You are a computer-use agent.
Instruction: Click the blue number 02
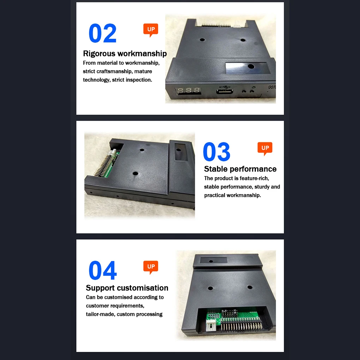coord(102,33)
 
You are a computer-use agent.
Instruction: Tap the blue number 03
coord(216,151)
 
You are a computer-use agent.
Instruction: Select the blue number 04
coord(103,270)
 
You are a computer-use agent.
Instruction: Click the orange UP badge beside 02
coord(151,30)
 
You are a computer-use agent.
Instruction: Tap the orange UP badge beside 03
coord(265,148)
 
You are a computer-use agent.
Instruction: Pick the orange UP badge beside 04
coord(151,267)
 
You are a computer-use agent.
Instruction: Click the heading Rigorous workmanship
coord(125,54)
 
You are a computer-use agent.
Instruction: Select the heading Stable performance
coord(240,169)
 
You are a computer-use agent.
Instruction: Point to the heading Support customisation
coord(127,288)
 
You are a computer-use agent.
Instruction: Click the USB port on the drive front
coord(224,92)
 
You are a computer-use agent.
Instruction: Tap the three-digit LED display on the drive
coord(188,90)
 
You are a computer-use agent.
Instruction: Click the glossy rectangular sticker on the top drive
coord(247,68)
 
